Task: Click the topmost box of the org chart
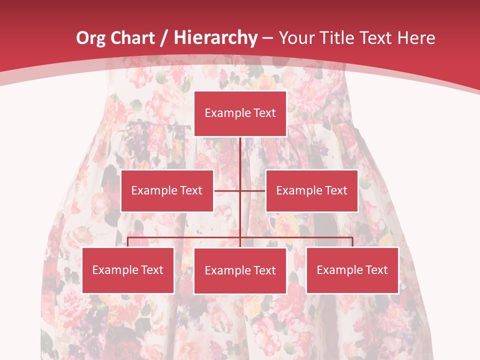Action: pos(240,113)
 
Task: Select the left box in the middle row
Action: pos(167,190)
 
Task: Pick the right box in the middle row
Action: pos(311,190)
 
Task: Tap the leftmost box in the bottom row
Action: pos(128,270)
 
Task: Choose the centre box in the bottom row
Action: pos(240,270)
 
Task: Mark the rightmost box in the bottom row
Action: pos(352,270)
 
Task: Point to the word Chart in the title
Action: pos(131,38)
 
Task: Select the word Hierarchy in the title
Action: pos(215,38)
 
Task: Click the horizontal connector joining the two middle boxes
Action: pos(227,190)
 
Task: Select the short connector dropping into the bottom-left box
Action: pos(128,242)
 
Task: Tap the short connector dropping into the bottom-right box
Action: pos(352,242)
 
